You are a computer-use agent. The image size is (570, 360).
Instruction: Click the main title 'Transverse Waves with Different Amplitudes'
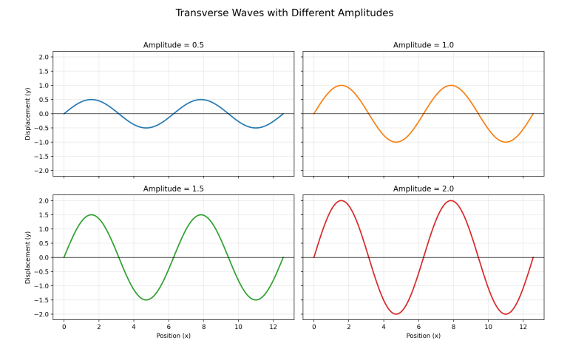coord(285,13)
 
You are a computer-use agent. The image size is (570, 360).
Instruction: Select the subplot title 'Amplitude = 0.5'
coord(173,45)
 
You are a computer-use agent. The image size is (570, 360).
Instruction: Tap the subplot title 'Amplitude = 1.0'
coord(423,45)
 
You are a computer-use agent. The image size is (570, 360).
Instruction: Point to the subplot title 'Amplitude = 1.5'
coord(173,189)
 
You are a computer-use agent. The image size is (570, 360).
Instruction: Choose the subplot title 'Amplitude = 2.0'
coord(423,189)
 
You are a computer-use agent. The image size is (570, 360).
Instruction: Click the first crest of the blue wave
coord(91,99)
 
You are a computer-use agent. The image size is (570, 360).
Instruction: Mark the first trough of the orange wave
coord(396,142)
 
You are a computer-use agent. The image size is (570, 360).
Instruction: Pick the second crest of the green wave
coord(201,215)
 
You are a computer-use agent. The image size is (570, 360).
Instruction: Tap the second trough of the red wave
coord(506,314)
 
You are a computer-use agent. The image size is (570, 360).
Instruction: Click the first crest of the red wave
coord(341,200)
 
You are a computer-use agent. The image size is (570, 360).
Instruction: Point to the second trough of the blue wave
coord(256,128)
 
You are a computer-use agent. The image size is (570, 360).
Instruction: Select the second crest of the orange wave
coord(451,85)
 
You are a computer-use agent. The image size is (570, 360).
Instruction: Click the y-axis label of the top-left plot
coord(28,113)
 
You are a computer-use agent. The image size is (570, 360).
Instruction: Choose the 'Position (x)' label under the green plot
coord(173,336)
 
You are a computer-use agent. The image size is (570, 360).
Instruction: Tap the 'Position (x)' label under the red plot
coord(423,336)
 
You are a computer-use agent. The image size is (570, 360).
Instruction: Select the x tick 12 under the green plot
coord(273,325)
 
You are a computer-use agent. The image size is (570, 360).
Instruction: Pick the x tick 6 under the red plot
coord(418,325)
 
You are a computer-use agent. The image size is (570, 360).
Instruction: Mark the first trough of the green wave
coord(146,300)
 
